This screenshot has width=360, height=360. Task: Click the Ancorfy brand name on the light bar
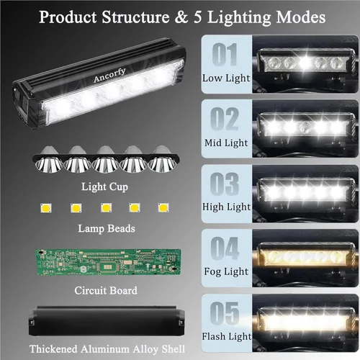click(x=109, y=75)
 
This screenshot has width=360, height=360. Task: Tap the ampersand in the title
click(x=181, y=17)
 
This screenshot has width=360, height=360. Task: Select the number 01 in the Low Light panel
click(x=225, y=55)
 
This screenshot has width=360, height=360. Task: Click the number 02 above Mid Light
click(x=225, y=119)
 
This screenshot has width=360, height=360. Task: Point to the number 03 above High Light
click(x=225, y=184)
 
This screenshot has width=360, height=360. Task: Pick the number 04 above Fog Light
click(x=225, y=248)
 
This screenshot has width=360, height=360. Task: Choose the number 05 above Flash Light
click(x=225, y=313)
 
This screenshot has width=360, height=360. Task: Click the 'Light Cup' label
click(x=104, y=187)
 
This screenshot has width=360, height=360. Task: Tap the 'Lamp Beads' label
click(x=107, y=228)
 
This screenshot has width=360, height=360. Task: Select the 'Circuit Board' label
click(x=106, y=291)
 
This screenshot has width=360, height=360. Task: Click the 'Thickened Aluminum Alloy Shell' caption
click(x=107, y=349)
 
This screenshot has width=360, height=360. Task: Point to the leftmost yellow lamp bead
click(x=46, y=208)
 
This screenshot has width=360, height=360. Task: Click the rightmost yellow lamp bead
click(x=163, y=207)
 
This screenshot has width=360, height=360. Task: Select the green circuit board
click(x=108, y=262)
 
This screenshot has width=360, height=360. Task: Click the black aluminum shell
click(x=107, y=321)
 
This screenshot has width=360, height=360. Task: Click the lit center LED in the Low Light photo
click(x=305, y=63)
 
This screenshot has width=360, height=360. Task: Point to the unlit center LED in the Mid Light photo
click(x=306, y=127)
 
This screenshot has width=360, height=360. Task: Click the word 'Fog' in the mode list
click(x=212, y=272)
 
